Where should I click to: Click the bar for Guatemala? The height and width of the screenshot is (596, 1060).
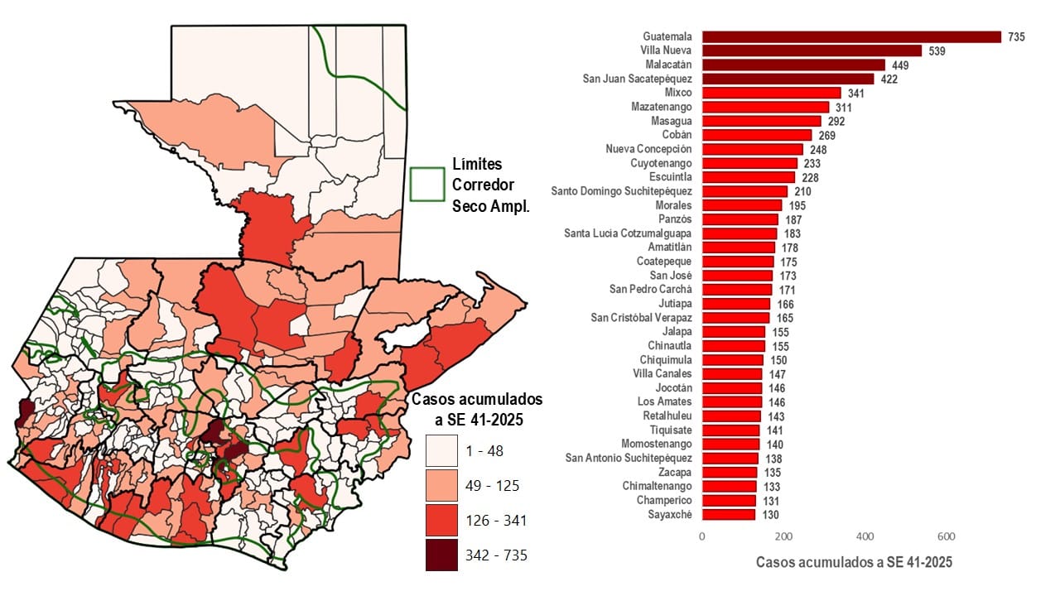(x=851, y=36)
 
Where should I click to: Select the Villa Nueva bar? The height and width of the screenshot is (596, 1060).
(x=812, y=50)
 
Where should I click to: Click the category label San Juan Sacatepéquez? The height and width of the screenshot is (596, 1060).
(x=637, y=79)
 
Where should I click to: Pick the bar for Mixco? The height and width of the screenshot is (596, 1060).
(x=771, y=93)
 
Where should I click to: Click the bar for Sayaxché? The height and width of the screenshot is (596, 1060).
(x=729, y=515)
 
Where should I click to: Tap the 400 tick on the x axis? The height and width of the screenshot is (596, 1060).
(x=865, y=536)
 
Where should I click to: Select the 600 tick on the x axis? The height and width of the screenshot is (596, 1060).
(x=947, y=536)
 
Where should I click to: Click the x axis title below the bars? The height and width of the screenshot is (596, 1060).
(x=854, y=563)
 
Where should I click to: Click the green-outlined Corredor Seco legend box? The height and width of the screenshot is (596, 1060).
(x=427, y=184)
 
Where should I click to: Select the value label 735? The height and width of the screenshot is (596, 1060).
(x=1016, y=37)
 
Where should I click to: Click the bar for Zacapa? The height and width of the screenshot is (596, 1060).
(x=730, y=473)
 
